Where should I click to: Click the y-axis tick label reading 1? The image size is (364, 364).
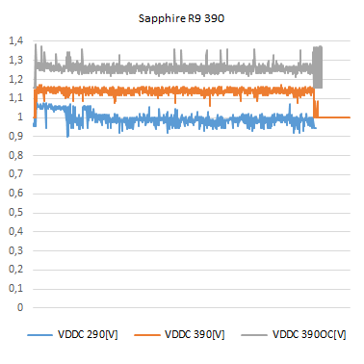pyautogui.click(x=18, y=117)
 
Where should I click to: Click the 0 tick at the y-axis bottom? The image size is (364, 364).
pyautogui.click(x=18, y=308)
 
